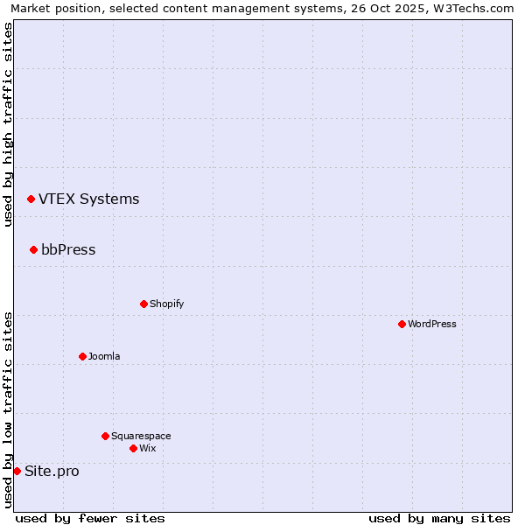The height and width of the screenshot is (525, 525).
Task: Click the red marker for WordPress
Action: pyautogui.click(x=402, y=324)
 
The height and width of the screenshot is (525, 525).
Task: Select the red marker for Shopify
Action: pyautogui.click(x=143, y=304)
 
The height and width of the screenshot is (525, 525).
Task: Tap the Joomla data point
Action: pyautogui.click(x=82, y=356)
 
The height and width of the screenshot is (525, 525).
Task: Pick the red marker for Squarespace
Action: pyautogui.click(x=105, y=436)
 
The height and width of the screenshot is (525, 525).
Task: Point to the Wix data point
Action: pyautogui.click(x=133, y=448)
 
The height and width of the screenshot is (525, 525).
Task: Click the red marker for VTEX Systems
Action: pyautogui.click(x=31, y=199)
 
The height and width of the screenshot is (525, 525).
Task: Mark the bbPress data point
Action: pyautogui.click(x=33, y=249)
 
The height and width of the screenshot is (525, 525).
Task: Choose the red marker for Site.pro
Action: pyautogui.click(x=17, y=471)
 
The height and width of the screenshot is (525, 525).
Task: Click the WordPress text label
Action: pyautogui.click(x=432, y=324)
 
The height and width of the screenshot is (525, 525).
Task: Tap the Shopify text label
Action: pyautogui.click(x=166, y=304)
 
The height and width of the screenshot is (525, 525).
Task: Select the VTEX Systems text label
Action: pyautogui.click(x=88, y=199)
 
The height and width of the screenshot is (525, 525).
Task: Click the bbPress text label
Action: pyautogui.click(x=68, y=249)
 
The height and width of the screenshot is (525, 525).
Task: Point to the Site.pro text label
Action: pyautogui.click(x=52, y=471)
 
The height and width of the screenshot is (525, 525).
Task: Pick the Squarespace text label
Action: pyautogui.click(x=141, y=436)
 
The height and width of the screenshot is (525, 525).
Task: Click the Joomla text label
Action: pyautogui.click(x=104, y=356)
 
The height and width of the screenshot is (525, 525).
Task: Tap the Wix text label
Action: pyautogui.click(x=147, y=448)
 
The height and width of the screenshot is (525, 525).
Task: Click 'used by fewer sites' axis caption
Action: pyautogui.click(x=90, y=518)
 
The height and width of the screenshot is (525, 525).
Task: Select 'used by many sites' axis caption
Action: pyautogui.click(x=439, y=518)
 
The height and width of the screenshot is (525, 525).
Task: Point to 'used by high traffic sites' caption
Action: pyautogui.click(x=9, y=124)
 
